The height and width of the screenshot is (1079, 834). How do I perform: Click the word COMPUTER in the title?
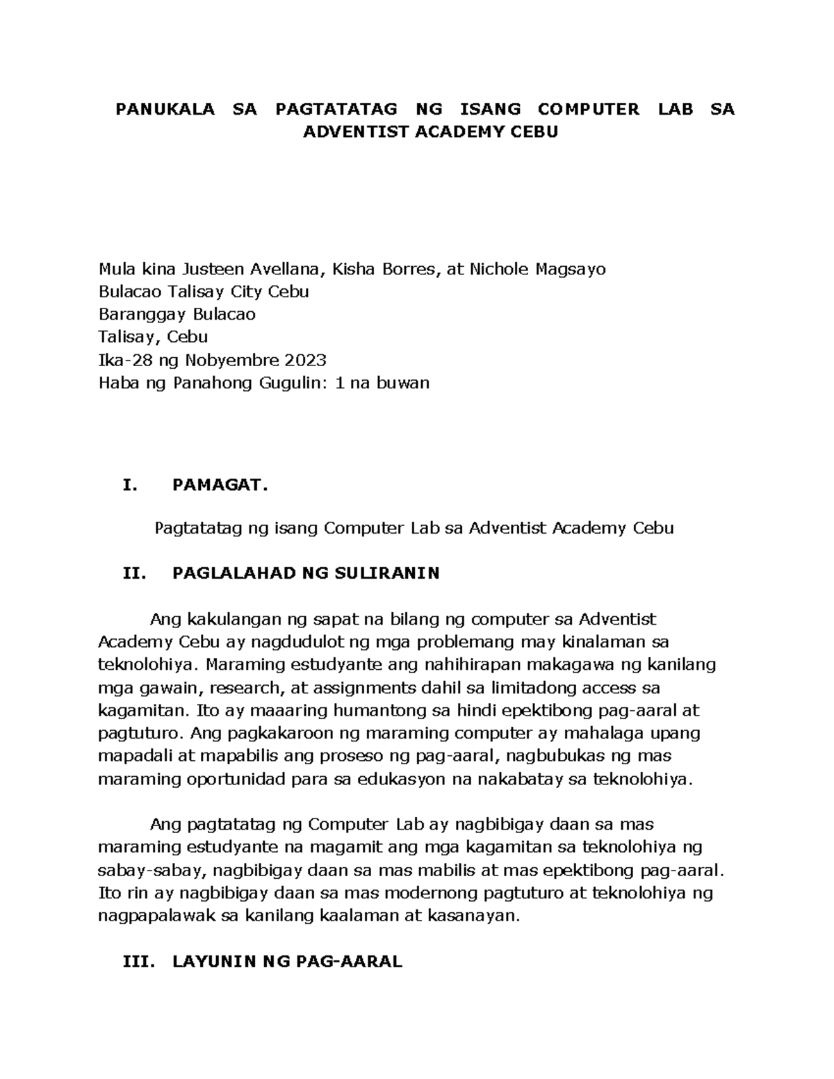point(588,109)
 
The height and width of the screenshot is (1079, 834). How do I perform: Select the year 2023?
point(304,360)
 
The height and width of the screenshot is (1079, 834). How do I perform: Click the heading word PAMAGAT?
point(220,486)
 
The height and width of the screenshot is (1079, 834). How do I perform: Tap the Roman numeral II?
point(133,573)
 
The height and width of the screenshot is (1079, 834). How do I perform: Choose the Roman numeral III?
point(137,962)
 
